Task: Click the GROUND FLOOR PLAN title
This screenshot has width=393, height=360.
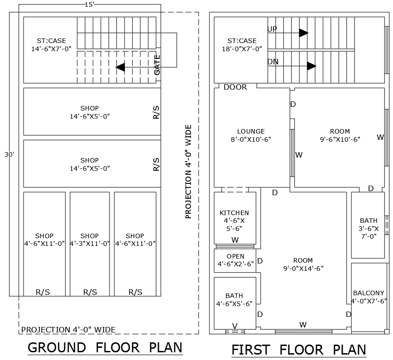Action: [105, 348]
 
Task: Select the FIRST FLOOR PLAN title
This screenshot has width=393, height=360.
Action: [299, 350]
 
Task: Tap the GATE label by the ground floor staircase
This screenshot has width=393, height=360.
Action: [157, 65]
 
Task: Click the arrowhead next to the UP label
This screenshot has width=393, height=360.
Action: [303, 33]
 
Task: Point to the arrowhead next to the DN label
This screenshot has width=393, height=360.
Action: [311, 66]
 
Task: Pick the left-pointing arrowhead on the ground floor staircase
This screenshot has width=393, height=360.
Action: [120, 67]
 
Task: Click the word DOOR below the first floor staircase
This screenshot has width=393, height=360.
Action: [235, 87]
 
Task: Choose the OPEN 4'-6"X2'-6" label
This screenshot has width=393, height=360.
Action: [235, 260]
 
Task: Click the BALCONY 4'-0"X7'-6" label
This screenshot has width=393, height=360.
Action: [369, 297]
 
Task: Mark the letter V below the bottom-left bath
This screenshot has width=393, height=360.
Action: [235, 326]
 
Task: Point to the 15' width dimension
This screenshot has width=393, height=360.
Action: [90, 4]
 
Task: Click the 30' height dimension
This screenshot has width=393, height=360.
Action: [10, 154]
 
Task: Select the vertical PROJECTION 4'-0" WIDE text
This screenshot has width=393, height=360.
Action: [189, 172]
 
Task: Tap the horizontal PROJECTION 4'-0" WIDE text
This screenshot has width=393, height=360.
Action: [68, 330]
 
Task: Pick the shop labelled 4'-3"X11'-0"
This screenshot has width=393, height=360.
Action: [90, 240]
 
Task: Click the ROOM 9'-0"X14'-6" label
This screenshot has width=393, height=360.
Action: [303, 264]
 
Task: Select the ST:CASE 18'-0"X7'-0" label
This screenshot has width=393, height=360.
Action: [242, 45]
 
